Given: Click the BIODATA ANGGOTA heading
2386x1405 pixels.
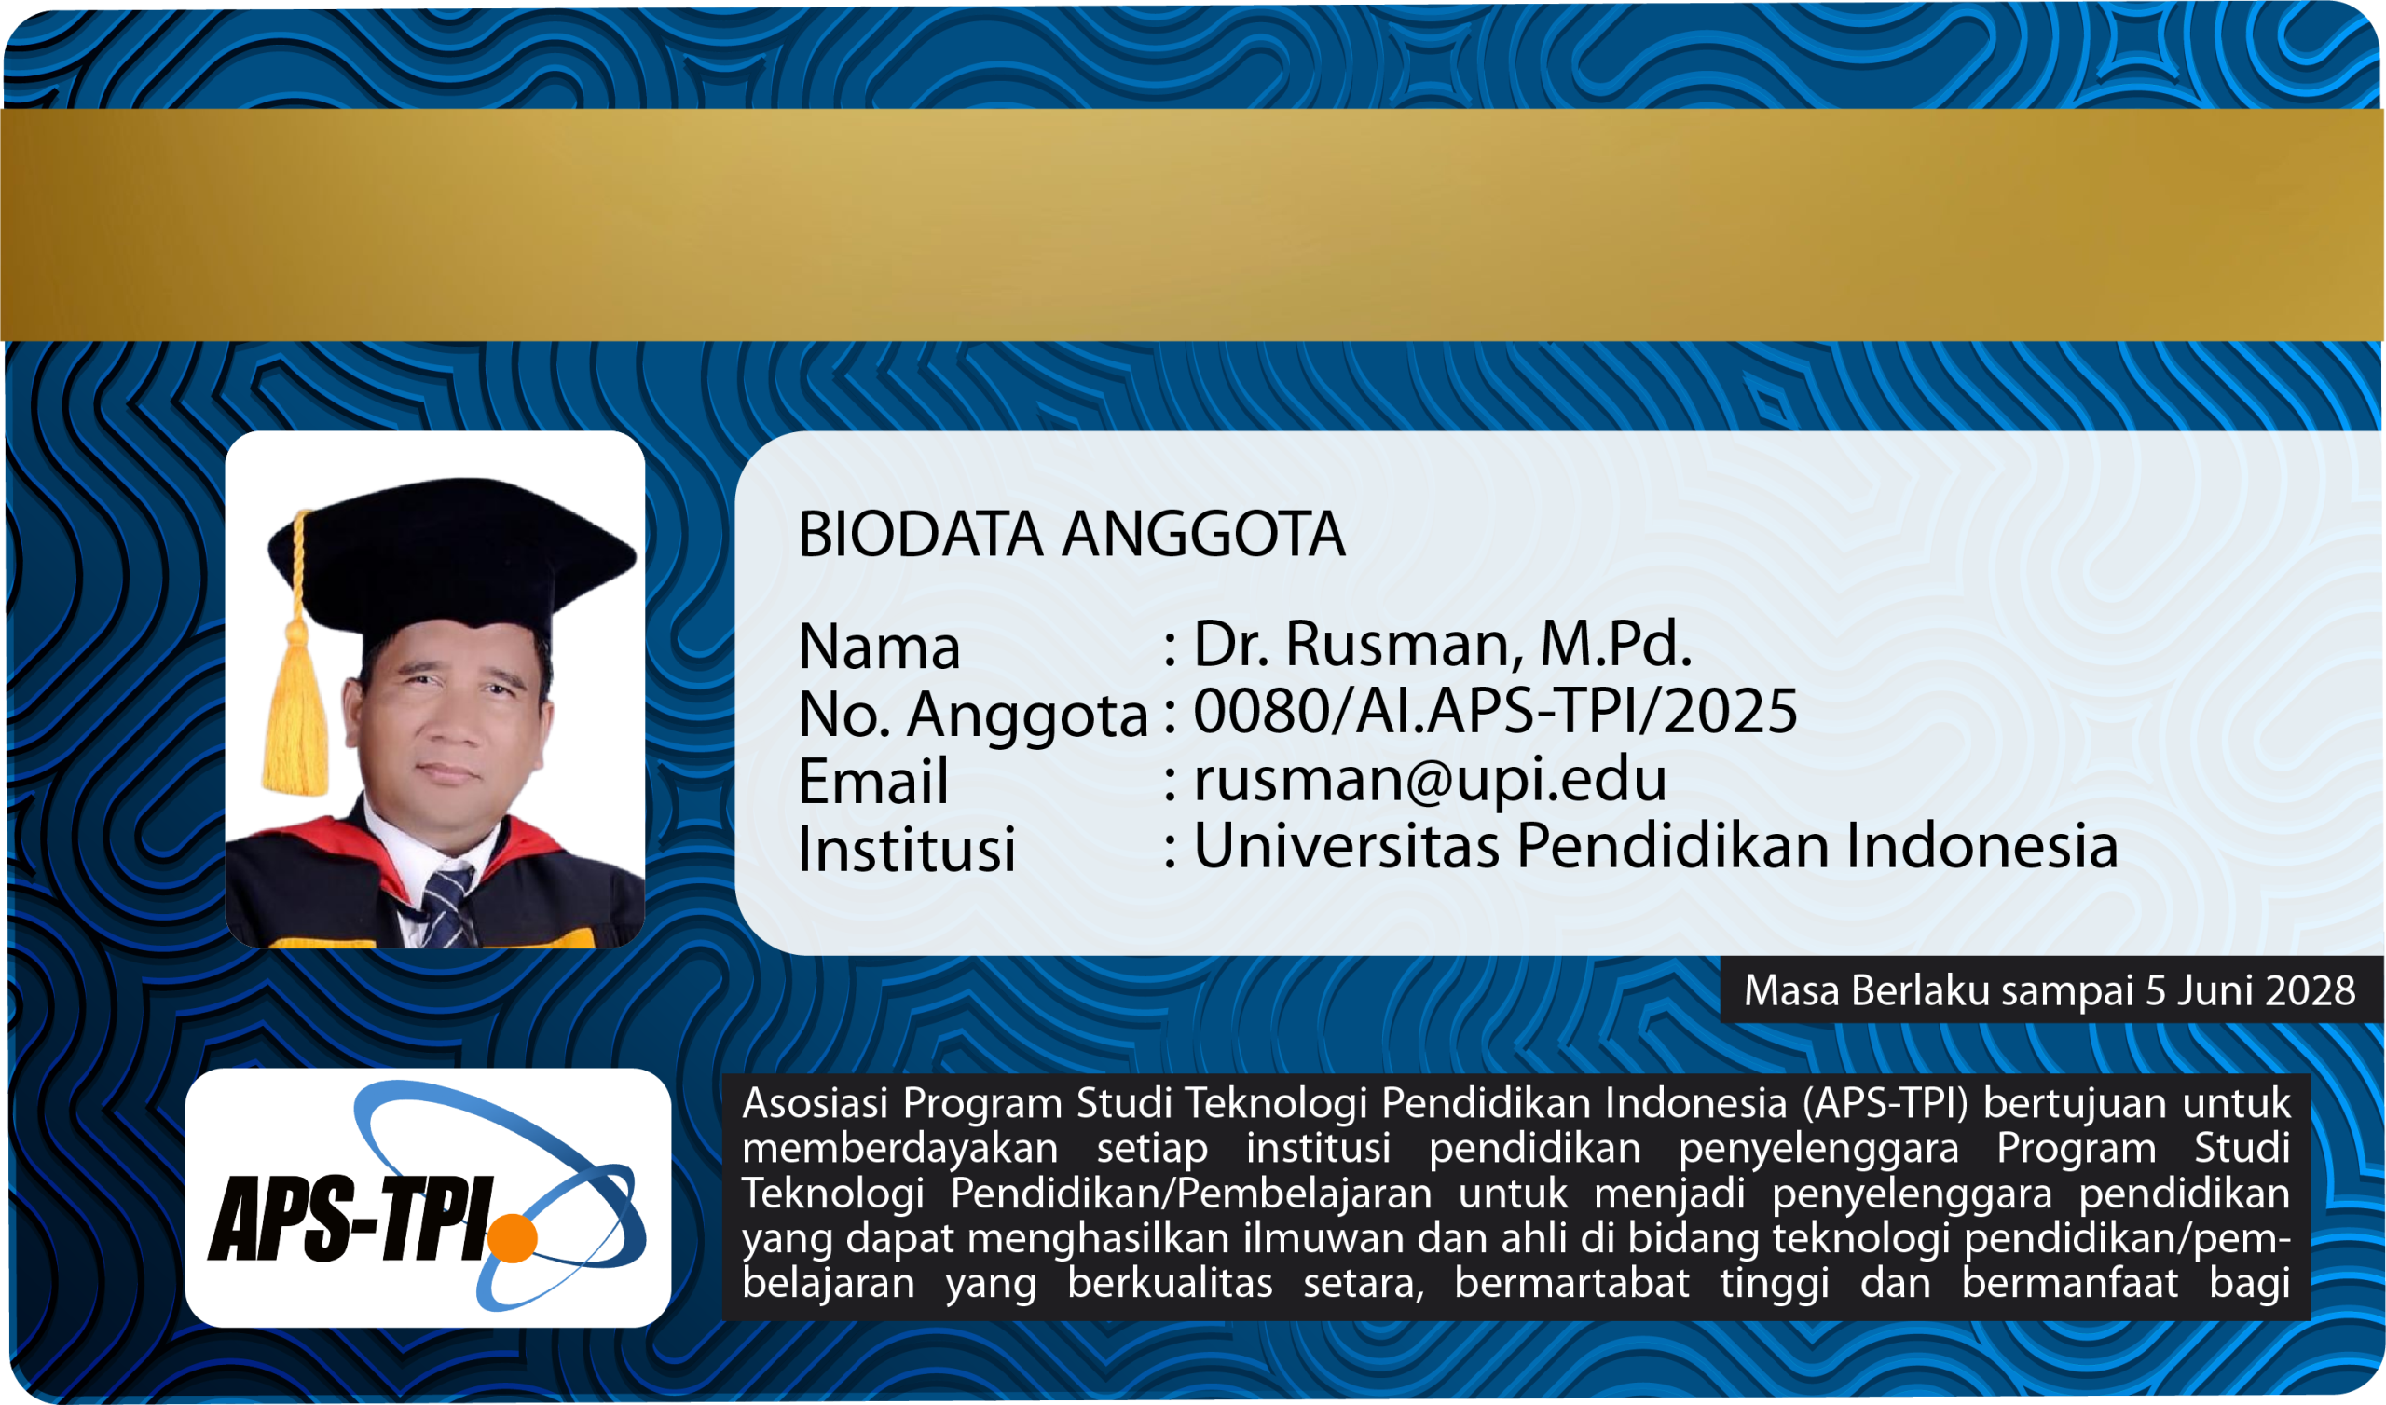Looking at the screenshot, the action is coord(1071,535).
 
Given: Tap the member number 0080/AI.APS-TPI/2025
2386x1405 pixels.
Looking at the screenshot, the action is coord(1495,711).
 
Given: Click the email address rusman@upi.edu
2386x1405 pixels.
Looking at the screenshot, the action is coord(1430,779).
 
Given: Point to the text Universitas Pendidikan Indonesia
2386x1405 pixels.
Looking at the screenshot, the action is coord(1655,845).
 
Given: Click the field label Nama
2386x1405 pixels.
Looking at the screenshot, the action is coord(880,648).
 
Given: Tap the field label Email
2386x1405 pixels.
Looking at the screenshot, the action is coord(873,782).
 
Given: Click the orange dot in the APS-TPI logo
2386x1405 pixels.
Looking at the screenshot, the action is coord(513,1237).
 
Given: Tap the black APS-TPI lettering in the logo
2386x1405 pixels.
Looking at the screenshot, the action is coord(351,1219).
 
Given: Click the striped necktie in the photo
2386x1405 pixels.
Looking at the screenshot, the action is coord(446,907).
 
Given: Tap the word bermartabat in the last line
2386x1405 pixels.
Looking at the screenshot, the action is coord(1570,1284).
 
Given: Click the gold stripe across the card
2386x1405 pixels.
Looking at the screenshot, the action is coord(1193,225).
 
